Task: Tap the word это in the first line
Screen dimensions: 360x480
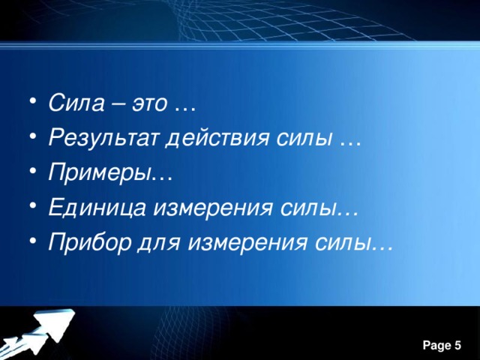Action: coord(150,103)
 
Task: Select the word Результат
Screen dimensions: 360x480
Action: coord(97,138)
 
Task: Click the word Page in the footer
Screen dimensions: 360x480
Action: coord(436,345)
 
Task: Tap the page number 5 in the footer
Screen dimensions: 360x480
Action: coord(457,345)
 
